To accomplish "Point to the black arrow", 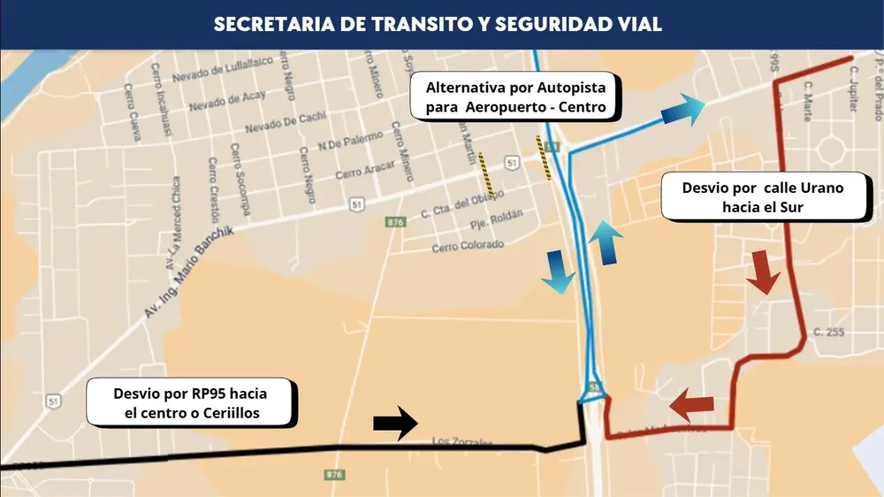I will pos(395,423).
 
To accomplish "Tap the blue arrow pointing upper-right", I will pos(682,111).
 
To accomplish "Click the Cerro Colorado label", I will pos(468,246).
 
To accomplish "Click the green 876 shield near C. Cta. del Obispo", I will pos(395,222).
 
